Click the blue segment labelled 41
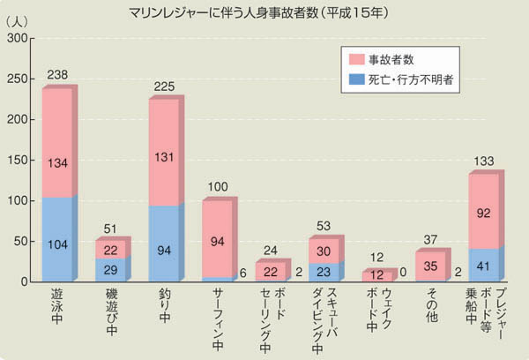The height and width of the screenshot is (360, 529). [484, 264]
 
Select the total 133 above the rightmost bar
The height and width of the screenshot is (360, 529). [483, 161]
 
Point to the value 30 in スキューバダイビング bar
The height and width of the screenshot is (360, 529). [324, 251]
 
